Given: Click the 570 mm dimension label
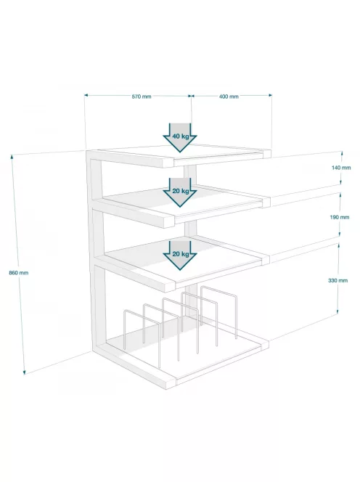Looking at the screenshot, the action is tap(142, 97).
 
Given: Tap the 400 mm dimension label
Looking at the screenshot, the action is tap(229, 97).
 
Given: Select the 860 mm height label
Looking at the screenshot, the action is tap(19, 273).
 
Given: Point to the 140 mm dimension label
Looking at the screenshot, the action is tap(341, 168).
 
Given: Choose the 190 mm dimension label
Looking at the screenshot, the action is tap(340, 217).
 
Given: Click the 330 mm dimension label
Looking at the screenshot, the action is tap(338, 280).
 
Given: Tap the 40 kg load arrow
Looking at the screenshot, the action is tap(180, 138).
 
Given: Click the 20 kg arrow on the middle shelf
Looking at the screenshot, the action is tap(180, 192).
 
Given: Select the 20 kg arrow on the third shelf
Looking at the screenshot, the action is tap(180, 256).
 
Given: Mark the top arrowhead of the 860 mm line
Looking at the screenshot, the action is tap(12, 157).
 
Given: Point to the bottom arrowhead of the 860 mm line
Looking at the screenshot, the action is tap(24, 372).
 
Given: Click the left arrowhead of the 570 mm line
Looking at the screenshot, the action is tap(86, 95).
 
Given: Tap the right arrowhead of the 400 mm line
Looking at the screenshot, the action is tap(270, 95).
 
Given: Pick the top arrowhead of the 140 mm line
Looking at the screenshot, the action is tap(342, 152).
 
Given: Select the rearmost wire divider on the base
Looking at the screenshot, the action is tap(218, 291).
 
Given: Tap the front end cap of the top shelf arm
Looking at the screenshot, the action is tap(168, 163).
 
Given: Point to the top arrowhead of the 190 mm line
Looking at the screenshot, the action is tap(340, 195).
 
